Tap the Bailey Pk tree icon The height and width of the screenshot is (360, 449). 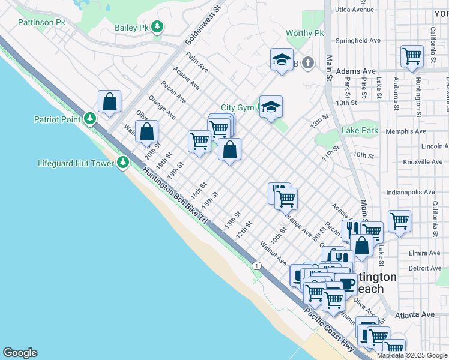pos(157,27)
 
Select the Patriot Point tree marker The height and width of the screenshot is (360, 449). pos(90,119)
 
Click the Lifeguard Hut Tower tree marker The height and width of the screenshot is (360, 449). pos(123,163)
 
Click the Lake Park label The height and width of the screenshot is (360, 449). pos(360,130)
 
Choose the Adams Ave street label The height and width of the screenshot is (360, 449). pos(355,71)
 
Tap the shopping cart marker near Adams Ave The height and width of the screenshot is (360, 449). pos(412,56)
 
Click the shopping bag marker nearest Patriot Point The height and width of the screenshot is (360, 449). pos(110,101)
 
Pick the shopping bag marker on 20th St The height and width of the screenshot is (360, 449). pos(146,131)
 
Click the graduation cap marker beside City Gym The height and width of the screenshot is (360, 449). pos(271,107)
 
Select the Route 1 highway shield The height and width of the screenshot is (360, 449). pos(257,265)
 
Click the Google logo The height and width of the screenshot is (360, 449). pos(20,353)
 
